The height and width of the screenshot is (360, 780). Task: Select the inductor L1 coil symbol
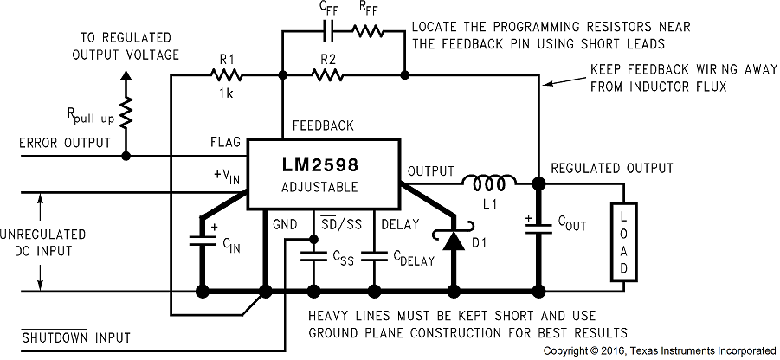(x=489, y=182)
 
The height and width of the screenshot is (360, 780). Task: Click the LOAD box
(x=622, y=241)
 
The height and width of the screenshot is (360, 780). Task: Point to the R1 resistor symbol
(x=227, y=75)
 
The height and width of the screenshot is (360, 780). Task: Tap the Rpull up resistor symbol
(x=126, y=110)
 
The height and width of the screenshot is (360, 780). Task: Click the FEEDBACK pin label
(x=322, y=125)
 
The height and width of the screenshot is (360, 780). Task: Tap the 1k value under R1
(x=228, y=92)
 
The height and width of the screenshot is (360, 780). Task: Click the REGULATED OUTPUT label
(x=611, y=167)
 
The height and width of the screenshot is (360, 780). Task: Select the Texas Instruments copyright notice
(x=659, y=351)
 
